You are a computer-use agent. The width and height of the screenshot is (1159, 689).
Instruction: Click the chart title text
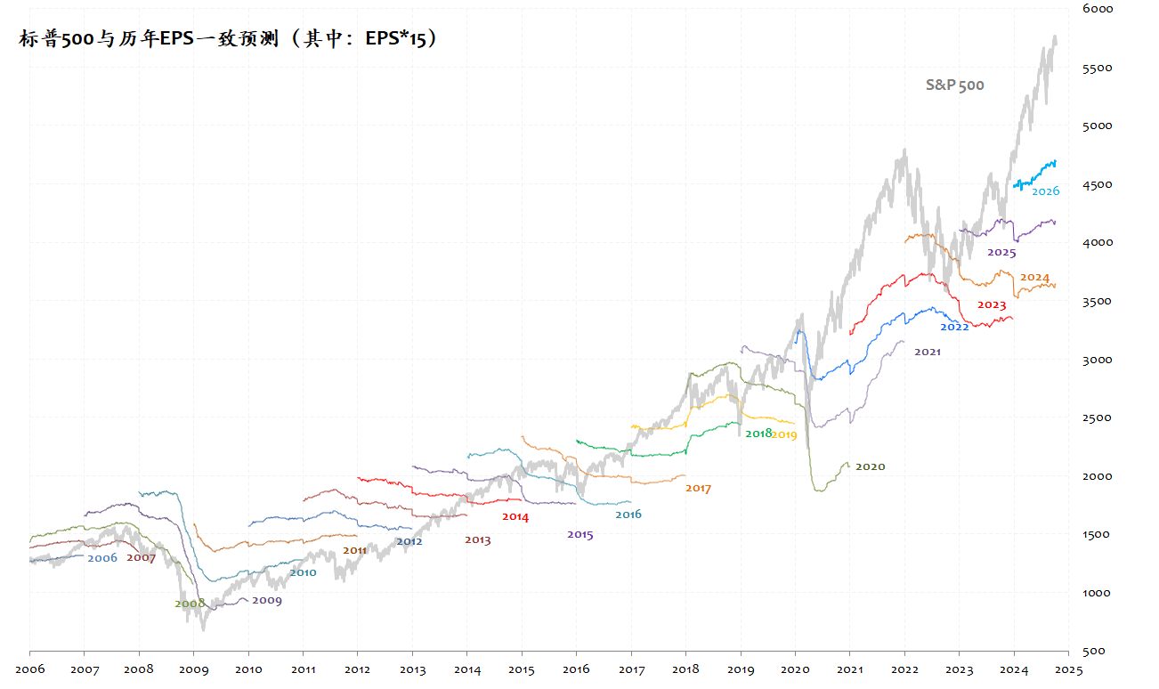228,39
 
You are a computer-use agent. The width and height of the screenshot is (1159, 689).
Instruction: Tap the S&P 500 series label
954,85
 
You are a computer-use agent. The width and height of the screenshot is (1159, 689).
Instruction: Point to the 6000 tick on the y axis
1097,9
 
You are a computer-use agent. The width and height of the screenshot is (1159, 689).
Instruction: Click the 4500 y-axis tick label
1097,184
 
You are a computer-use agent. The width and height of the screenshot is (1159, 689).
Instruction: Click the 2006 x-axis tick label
29,669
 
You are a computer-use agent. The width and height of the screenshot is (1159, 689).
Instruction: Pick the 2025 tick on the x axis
1068,669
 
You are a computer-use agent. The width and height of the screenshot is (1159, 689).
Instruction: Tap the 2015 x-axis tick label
522,669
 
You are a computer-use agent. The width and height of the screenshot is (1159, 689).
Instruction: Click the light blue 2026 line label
1045,191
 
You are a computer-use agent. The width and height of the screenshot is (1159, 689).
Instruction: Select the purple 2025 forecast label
1001,252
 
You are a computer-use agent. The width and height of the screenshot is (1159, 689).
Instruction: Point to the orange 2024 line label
1034,277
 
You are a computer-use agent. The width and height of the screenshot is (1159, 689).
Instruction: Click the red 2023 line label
992,305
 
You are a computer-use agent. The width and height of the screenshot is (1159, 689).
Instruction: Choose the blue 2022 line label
954,327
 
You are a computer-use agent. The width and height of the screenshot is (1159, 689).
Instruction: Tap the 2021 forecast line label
927,352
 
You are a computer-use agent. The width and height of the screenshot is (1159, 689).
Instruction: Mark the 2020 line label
870,466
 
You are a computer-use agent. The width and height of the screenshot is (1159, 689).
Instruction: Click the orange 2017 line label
698,488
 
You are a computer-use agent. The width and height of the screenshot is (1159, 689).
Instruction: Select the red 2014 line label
515,516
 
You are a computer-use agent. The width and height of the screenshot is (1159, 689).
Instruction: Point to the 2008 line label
189,604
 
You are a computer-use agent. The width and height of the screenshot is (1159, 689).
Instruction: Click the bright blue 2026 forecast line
1037,173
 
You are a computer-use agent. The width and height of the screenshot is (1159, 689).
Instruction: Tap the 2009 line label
266,601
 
